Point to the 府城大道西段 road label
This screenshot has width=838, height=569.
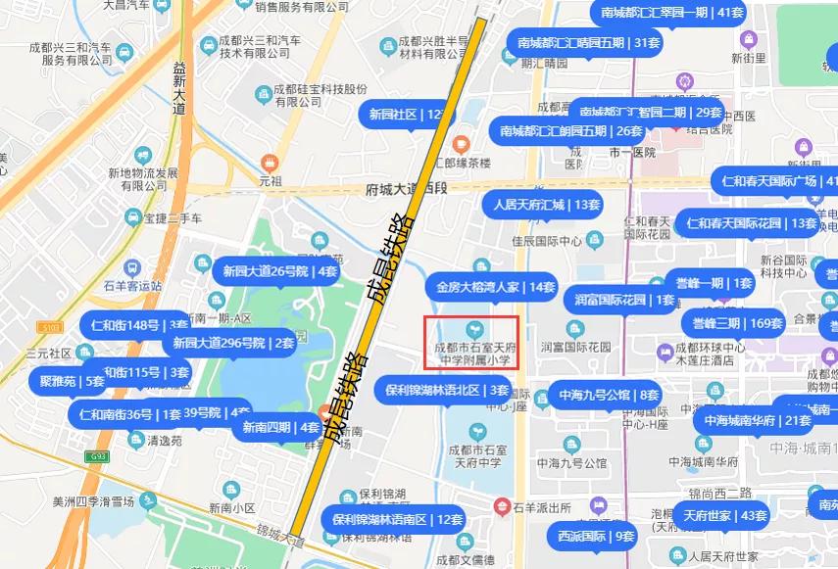(405, 189)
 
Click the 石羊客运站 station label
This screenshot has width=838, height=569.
(131, 286)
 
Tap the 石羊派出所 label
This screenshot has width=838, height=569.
(542, 507)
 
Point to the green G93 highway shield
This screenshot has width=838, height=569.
(96, 456)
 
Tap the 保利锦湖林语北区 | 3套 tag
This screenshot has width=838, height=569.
(446, 390)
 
